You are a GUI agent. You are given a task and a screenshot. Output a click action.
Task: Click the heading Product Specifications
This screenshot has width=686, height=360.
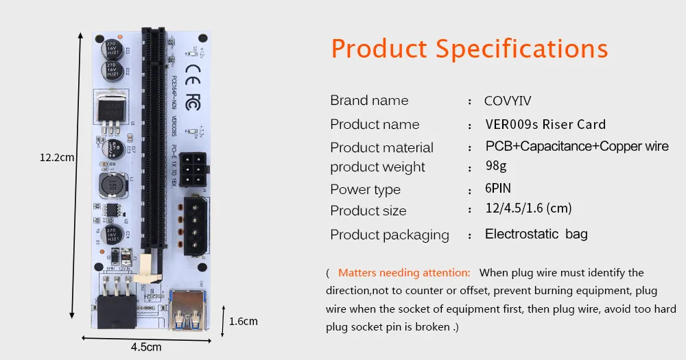[469, 49]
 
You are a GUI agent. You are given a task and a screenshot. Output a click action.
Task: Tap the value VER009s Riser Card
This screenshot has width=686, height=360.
[545, 124]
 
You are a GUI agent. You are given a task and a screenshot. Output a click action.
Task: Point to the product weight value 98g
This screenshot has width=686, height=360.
[496, 167]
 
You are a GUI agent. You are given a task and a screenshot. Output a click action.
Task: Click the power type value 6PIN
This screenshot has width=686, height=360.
[498, 189]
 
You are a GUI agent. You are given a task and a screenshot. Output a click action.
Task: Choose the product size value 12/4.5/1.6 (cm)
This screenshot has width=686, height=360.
[528, 208]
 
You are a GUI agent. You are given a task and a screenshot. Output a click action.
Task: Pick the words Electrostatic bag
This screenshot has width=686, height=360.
[536, 234]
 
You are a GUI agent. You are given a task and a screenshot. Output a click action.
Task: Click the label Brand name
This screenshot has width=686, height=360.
[369, 101]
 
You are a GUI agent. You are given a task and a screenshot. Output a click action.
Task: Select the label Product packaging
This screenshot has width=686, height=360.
[390, 235]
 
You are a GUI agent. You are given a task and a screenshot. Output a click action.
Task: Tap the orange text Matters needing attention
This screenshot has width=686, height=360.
[404, 272]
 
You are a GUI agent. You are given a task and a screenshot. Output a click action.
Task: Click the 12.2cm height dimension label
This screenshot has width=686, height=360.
[56, 158]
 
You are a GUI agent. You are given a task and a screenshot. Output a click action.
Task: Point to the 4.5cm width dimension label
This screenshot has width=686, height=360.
[146, 347]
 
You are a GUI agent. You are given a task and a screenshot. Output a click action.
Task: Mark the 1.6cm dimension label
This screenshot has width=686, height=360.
[243, 320]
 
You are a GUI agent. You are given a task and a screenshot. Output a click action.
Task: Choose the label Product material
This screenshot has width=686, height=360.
[381, 147]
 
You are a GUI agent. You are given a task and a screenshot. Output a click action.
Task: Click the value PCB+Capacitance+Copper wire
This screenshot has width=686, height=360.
[577, 147]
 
